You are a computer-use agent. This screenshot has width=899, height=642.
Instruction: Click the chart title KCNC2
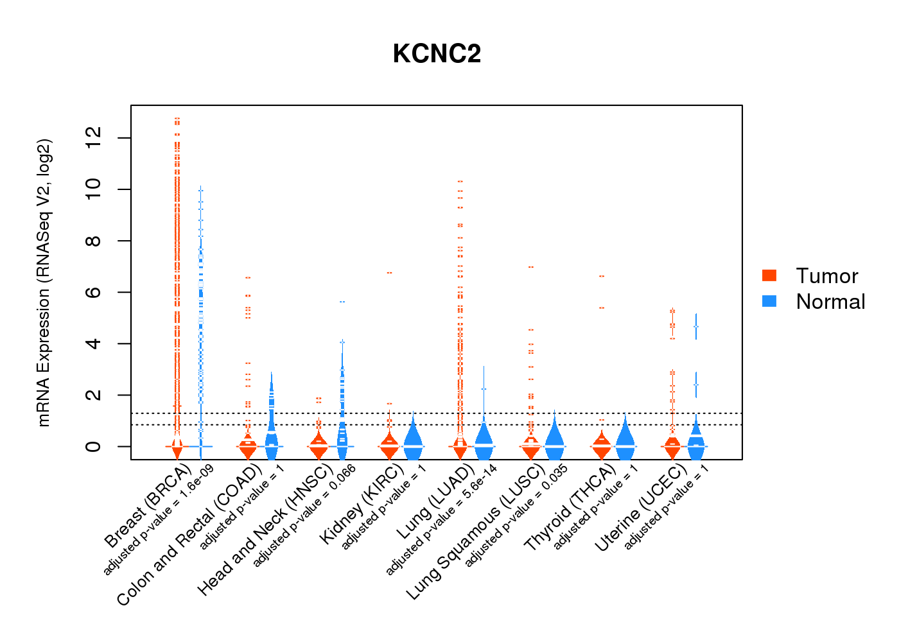437,54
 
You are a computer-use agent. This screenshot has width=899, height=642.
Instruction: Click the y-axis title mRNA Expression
44,282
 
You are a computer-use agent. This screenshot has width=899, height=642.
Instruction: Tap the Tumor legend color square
769,275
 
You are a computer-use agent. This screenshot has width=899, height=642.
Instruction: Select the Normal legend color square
769,301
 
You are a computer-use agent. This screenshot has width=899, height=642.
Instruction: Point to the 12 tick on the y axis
93,137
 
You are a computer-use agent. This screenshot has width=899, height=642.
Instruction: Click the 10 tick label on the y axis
93,189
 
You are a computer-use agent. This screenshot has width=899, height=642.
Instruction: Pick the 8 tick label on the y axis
93,241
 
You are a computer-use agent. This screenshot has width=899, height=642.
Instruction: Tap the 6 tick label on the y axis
93,292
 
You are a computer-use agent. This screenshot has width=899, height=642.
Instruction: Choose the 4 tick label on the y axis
93,343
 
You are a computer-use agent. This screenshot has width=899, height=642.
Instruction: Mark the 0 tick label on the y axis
93,446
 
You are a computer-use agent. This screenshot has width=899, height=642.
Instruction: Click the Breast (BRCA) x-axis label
148,507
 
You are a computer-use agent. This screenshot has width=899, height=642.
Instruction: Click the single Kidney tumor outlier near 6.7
389,273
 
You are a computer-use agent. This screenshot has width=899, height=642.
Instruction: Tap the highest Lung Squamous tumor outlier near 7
530,266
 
